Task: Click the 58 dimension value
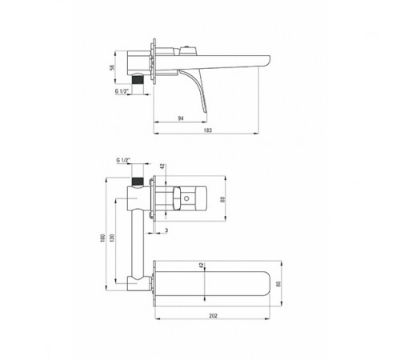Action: click(x=112, y=67)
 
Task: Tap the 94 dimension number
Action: click(x=181, y=118)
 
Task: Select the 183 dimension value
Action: click(x=208, y=130)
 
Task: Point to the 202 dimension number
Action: click(x=214, y=316)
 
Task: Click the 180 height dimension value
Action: click(x=102, y=238)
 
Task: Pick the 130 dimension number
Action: click(x=112, y=238)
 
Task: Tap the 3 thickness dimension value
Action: click(x=166, y=230)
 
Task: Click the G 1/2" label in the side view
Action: click(x=122, y=91)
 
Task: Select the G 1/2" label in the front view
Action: click(x=123, y=160)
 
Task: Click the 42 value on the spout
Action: click(x=202, y=265)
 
